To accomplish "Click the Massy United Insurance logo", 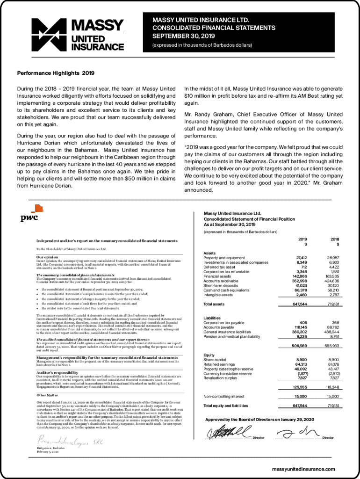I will point(77,34).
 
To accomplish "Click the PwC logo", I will point(29,217).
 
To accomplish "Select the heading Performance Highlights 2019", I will point(56,73).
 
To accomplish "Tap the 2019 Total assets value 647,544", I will point(300,304).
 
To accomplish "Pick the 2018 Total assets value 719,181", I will point(333,304).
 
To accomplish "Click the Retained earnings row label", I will point(220,364).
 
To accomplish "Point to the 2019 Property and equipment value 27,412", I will point(301,258).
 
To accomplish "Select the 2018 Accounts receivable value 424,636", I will point(331,281).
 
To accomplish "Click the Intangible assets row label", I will point(218,295).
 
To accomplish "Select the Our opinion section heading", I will point(47,257).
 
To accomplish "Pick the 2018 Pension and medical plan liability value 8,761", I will point(333,336).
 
